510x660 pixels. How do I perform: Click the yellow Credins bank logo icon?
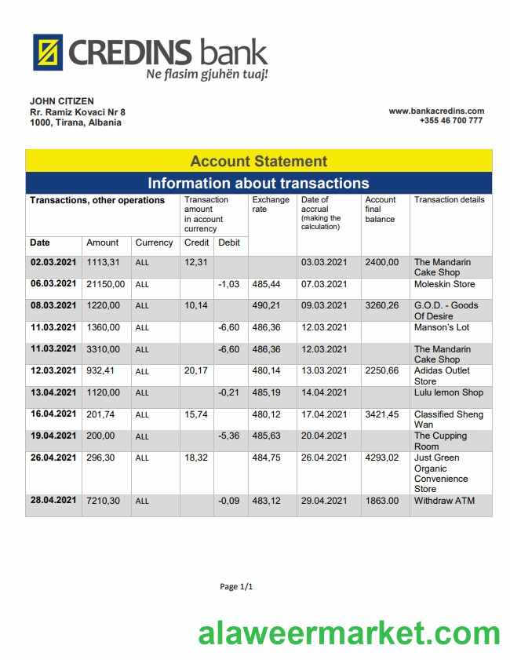click(47, 53)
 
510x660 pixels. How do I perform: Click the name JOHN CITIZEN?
click(62, 101)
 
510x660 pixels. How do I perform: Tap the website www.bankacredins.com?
click(436, 111)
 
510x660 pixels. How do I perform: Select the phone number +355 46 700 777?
click(450, 121)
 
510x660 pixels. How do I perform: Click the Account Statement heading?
click(258, 161)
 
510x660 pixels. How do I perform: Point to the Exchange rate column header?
click(270, 205)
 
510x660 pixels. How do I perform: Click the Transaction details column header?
click(449, 200)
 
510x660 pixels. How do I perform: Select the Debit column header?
click(228, 242)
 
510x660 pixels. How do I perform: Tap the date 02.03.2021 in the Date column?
click(53, 262)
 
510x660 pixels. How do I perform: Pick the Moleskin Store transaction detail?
click(444, 284)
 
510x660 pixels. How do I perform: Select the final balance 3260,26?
click(382, 305)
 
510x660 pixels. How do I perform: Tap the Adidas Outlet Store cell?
click(442, 375)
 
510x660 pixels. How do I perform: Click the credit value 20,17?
click(196, 370)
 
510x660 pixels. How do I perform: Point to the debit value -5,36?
click(228, 436)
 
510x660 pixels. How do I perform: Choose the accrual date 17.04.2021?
click(323, 414)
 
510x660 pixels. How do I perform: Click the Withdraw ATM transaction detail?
click(444, 501)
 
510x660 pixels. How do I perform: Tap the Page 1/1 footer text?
click(236, 586)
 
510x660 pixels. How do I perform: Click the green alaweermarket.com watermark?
click(348, 632)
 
